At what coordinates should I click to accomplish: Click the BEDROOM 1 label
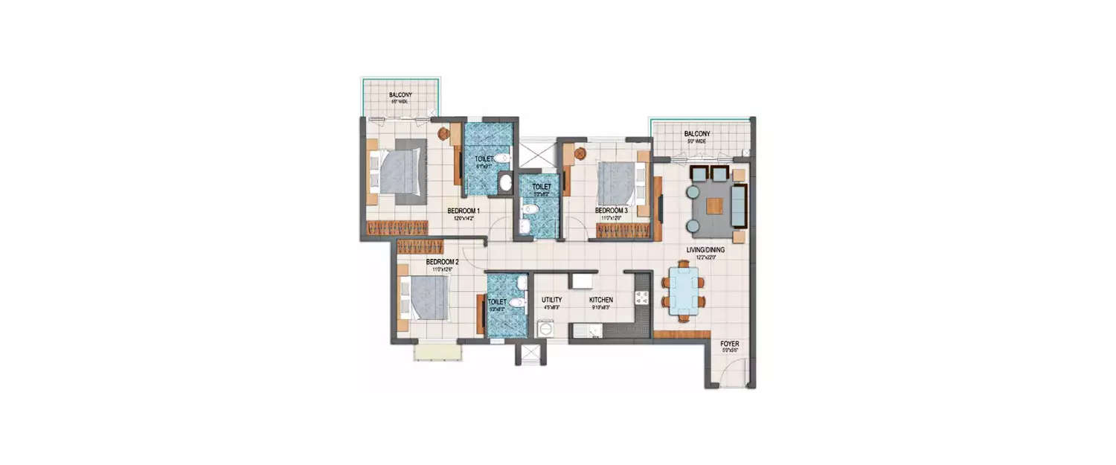[464, 211]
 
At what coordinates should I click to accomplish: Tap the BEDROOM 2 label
[442, 262]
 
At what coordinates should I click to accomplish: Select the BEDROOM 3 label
[611, 211]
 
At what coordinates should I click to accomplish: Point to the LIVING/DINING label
[705, 250]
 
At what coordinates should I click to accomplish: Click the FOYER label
[730, 344]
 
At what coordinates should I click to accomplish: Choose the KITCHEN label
[600, 299]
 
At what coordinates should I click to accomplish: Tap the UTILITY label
[551, 299]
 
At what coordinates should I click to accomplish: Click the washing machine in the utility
[546, 328]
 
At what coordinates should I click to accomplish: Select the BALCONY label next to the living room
[697, 134]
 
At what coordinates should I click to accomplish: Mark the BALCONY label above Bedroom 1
[400, 95]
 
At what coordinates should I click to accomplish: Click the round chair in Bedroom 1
[444, 134]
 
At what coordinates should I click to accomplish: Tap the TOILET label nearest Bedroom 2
[497, 302]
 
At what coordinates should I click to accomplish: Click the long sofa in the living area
[739, 206]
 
